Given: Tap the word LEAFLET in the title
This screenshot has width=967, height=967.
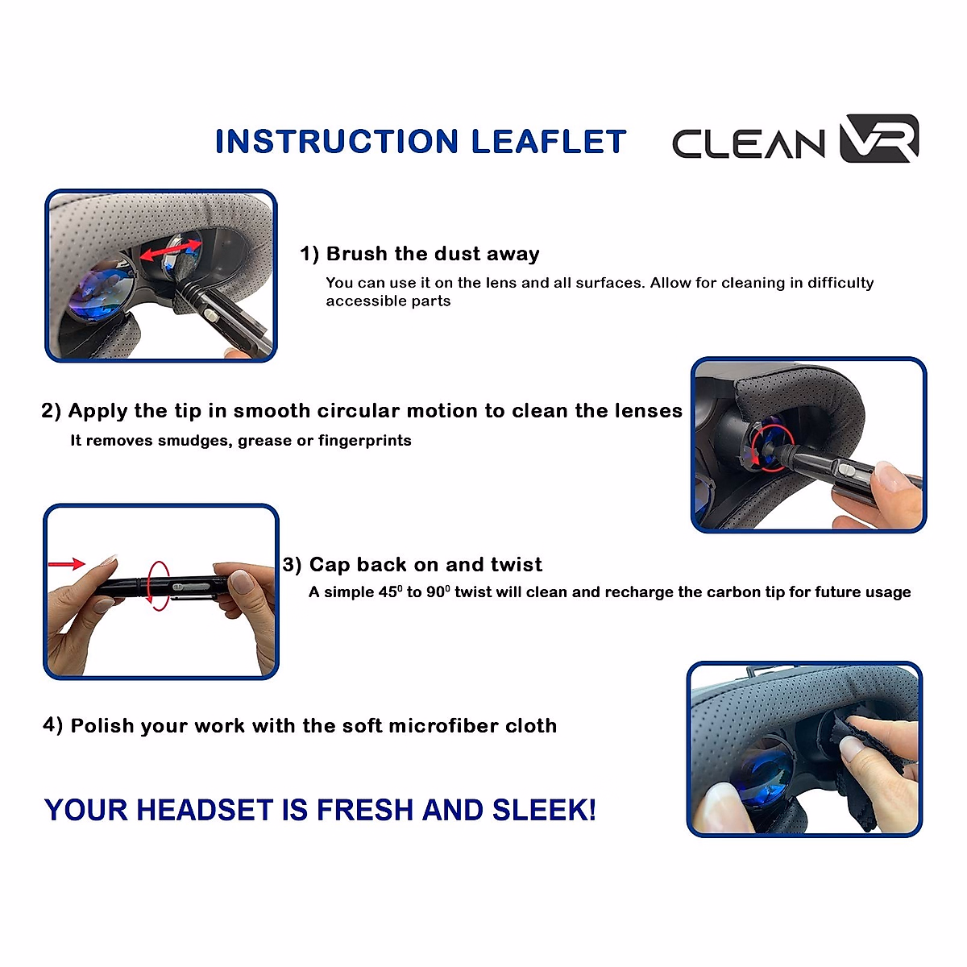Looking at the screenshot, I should pos(548,142).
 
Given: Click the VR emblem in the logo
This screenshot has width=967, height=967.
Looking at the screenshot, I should pos(878,139).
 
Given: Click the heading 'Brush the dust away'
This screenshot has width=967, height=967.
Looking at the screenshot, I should pos(432,254).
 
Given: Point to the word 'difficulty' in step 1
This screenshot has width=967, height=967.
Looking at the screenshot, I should pos(840,283).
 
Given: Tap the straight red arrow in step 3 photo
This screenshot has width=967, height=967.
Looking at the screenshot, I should pos(67,564).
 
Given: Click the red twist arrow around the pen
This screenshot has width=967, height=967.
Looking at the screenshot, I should pos(157,585).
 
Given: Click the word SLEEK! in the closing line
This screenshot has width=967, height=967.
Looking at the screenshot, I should pos(544,810).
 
